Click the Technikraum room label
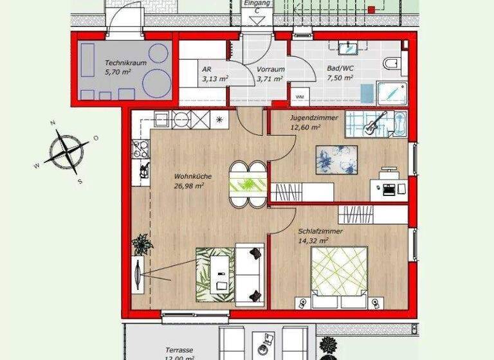coord(125,64)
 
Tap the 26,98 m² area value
coord(188,186)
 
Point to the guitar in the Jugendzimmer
coord(374,123)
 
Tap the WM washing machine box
coord(300,96)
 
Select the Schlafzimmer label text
coord(320,231)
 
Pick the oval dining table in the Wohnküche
coord(248,184)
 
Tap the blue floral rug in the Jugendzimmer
coord(336,159)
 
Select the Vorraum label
coord(270,69)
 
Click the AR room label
coord(206,69)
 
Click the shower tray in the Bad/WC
coord(392,93)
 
